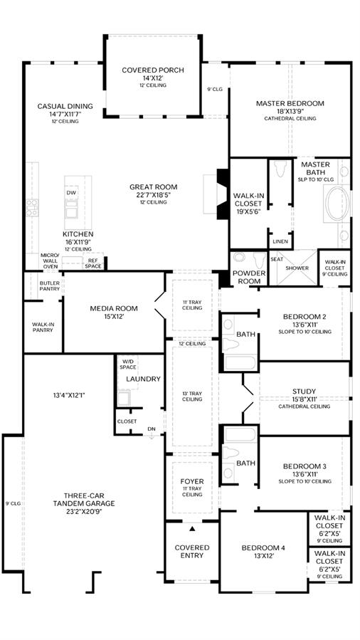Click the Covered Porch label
click(152, 70)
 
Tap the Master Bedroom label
click(290, 103)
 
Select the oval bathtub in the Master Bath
click(337, 204)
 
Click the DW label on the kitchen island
click(71, 192)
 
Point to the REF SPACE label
click(93, 263)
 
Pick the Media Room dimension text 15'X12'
click(114, 317)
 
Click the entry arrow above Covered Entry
click(192, 529)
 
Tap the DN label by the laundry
click(152, 429)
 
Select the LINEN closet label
click(280, 241)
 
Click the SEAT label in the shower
click(277, 259)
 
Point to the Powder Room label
click(249, 277)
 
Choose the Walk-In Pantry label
click(43, 327)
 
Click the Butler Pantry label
click(50, 285)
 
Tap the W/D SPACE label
click(127, 364)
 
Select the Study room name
click(304, 392)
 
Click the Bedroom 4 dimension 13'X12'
click(263, 555)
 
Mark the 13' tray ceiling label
click(192, 397)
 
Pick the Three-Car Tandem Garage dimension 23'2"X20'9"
click(84, 511)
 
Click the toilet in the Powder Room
click(259, 261)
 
